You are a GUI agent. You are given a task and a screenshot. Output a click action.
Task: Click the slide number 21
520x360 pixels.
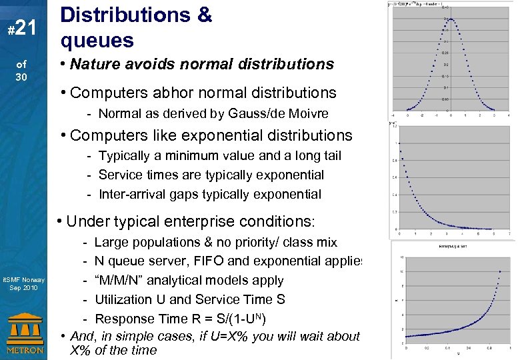click(x=24, y=27)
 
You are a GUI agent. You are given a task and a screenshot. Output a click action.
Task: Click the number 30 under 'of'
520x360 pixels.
click(x=22, y=76)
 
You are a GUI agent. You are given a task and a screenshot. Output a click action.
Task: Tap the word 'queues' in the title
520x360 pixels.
click(x=97, y=41)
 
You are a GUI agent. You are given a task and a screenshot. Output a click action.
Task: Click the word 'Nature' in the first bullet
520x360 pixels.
click(x=93, y=64)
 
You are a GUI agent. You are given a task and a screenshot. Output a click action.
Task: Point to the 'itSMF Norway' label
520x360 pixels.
click(x=23, y=279)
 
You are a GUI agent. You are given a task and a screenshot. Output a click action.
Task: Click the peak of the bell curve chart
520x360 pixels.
click(x=451, y=19)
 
